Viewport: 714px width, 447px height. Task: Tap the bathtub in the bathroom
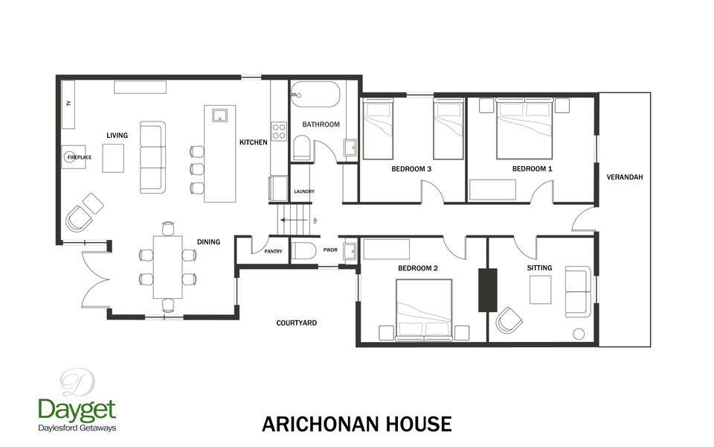click(x=315, y=95)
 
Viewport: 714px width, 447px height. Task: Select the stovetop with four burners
click(x=279, y=132)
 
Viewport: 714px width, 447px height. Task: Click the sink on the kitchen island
click(x=219, y=115)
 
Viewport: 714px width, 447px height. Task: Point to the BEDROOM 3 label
click(x=411, y=169)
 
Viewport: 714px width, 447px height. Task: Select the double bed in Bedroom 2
click(x=424, y=307)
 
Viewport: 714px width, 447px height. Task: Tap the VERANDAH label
click(x=624, y=177)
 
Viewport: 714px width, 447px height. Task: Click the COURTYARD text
click(x=297, y=323)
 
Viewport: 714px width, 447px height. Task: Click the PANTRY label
click(x=273, y=252)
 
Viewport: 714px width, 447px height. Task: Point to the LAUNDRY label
click(x=304, y=191)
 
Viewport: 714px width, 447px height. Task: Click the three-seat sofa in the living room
click(x=152, y=158)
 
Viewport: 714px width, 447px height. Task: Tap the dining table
click(x=167, y=267)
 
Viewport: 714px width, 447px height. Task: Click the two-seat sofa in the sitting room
click(x=577, y=291)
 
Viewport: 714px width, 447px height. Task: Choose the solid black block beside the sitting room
click(x=487, y=289)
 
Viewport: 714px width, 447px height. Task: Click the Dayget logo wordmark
click(x=77, y=410)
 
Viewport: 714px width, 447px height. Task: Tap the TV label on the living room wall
click(x=68, y=104)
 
